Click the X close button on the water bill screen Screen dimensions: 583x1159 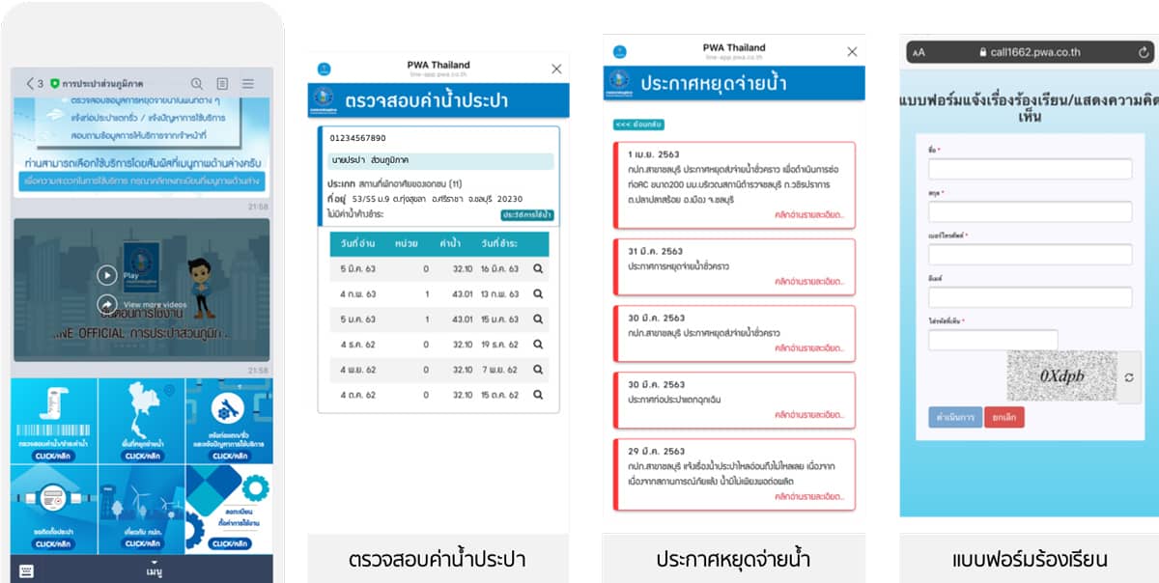pos(556,69)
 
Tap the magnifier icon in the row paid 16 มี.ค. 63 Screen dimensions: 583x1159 pos(538,268)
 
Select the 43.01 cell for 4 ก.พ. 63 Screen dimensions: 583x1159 pos(450,293)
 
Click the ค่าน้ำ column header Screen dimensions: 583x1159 pos(449,243)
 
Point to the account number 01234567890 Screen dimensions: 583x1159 pos(357,138)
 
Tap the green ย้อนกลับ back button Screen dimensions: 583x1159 pos(638,125)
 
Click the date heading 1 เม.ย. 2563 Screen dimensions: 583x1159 pos(655,154)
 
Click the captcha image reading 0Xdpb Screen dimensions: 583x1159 pos(1061,375)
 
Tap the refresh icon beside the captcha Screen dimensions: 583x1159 pos(1129,377)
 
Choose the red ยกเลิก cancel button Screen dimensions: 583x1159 pos(1004,417)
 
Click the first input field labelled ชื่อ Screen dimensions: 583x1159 pos(1030,169)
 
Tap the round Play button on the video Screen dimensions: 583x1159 pos(107,275)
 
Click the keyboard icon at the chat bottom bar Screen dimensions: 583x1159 pos(26,570)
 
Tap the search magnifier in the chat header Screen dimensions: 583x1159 pos(197,84)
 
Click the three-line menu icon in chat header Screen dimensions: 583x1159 pos(248,84)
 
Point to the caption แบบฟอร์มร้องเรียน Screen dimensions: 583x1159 pos(1029,559)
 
